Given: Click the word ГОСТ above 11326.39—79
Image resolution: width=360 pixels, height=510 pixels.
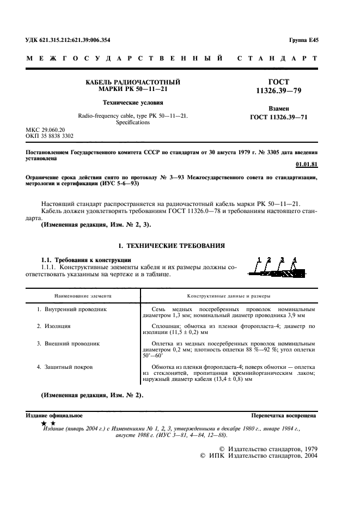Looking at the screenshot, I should (279, 81).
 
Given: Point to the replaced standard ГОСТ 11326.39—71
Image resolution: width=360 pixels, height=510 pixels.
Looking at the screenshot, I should (279, 117).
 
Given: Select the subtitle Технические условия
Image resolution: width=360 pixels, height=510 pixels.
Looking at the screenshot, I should (133, 102).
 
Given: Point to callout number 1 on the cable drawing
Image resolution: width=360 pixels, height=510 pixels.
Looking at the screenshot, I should (259, 258).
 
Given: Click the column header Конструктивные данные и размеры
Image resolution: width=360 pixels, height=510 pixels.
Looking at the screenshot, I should (228, 295).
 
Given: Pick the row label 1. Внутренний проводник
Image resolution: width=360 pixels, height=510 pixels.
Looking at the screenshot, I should (72, 309).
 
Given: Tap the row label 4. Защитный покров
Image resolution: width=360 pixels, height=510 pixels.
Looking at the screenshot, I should (65, 367).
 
